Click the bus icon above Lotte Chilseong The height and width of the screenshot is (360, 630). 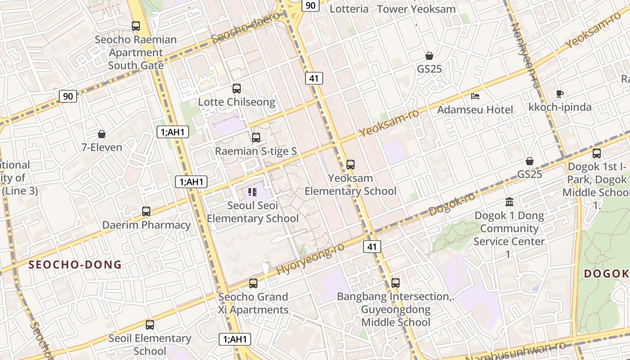[236, 89]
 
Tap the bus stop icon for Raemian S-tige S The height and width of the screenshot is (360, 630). [256, 138]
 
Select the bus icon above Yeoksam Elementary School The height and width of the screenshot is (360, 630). [351, 165]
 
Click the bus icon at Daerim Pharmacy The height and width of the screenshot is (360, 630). [146, 211]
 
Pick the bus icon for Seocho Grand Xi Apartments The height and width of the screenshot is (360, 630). [253, 283]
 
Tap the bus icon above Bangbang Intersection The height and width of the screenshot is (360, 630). [396, 283]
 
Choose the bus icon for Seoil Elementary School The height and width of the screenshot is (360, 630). [150, 325]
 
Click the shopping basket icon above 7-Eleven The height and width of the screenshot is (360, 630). [102, 134]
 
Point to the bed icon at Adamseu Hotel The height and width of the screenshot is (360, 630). [475, 96]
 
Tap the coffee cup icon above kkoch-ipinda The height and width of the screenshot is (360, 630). [559, 94]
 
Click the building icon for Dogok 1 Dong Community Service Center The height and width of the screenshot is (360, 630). [509, 202]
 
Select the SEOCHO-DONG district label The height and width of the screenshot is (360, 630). [75, 265]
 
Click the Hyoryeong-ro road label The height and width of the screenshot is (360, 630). [310, 259]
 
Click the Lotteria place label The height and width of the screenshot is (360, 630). [349, 9]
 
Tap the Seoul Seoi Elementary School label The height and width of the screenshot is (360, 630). [252, 212]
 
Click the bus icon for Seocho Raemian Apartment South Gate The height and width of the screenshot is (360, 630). [136, 26]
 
